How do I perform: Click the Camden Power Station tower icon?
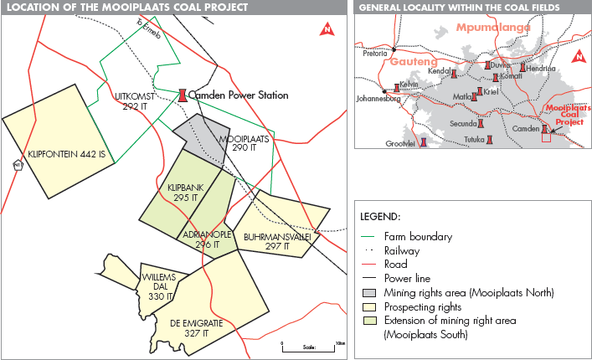pos(181,95)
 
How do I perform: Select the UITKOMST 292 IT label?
pos(133,102)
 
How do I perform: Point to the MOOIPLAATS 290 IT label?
pos(245,142)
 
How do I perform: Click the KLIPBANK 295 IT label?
pos(183,193)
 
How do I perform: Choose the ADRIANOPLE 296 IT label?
pos(206,239)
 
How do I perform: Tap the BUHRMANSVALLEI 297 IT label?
pos(276,242)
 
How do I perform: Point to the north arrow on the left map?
pos(327,30)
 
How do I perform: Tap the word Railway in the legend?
pos(403,250)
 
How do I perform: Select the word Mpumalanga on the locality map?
pos(494,28)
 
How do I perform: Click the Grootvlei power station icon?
pos(424,141)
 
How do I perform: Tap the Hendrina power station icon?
pos(524,66)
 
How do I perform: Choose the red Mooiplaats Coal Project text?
pos(568,115)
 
